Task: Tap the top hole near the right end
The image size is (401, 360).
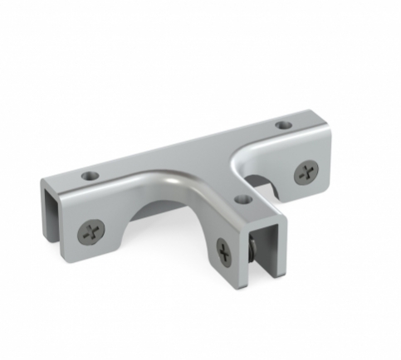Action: pos(284,125)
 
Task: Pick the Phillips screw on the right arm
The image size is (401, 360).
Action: pos(306,173)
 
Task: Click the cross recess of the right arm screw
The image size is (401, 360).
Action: pos(306,173)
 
